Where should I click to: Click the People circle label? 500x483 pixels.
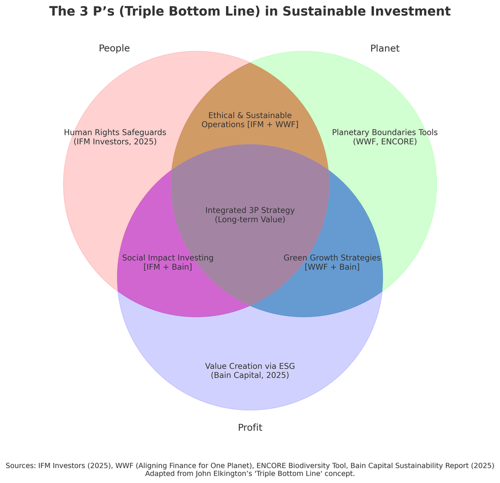click(x=114, y=48)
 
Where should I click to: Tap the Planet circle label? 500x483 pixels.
click(x=385, y=48)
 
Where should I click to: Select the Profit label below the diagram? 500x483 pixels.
click(x=250, y=427)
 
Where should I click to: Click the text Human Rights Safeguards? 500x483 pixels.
click(x=115, y=132)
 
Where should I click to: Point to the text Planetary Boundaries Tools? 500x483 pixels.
click(x=385, y=132)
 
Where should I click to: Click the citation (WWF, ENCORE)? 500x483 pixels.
click(x=385, y=142)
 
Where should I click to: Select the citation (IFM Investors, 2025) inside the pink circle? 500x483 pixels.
click(x=115, y=142)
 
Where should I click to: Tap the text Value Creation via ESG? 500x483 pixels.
click(x=250, y=366)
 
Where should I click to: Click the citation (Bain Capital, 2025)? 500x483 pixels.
click(x=250, y=375)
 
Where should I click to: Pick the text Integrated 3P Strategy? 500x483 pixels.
click(x=250, y=210)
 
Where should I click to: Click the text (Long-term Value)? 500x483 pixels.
click(x=250, y=219)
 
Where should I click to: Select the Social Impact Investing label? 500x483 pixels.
click(x=168, y=258)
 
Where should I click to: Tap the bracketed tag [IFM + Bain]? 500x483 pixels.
click(x=168, y=267)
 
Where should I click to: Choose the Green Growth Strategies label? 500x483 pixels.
click(x=332, y=258)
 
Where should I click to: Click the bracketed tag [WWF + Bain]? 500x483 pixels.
click(x=332, y=267)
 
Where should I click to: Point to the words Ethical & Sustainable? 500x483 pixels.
click(x=250, y=115)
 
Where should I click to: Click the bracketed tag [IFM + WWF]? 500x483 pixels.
click(x=272, y=124)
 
